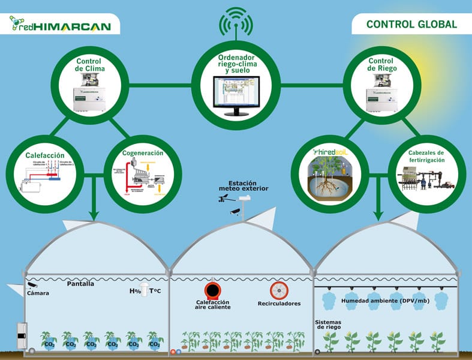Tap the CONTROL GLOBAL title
coord(411,25)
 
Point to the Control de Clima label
coord(91,65)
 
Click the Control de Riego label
coord(381,65)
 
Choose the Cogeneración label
coord(142,153)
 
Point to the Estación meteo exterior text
coord(243,187)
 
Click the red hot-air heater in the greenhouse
coord(212,290)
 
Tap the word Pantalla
coord(80,284)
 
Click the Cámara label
coord(37,293)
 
